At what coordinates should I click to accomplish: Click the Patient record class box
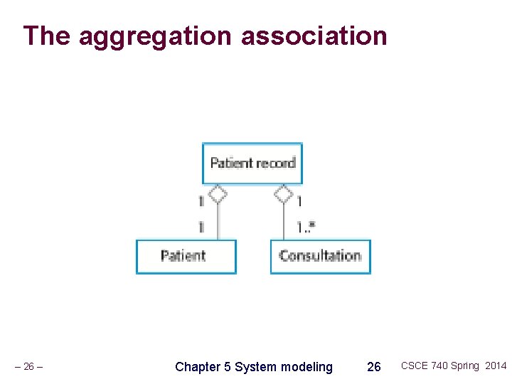[x=252, y=163]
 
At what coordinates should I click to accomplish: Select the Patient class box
[x=186, y=256]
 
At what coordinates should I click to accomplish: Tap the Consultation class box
[x=320, y=256]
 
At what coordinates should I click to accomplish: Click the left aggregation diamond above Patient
[x=218, y=193]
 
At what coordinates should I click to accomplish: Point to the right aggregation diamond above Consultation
[x=284, y=193]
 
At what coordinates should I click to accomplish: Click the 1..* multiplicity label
[x=306, y=227]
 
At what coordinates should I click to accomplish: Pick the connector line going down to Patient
[x=218, y=222]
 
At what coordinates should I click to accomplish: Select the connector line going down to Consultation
[x=284, y=222]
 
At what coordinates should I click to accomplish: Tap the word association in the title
[x=314, y=36]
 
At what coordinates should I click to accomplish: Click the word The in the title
[x=47, y=36]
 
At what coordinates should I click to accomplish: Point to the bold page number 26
[x=373, y=367]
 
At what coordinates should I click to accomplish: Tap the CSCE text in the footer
[x=414, y=366]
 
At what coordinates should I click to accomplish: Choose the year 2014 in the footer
[x=496, y=366]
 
